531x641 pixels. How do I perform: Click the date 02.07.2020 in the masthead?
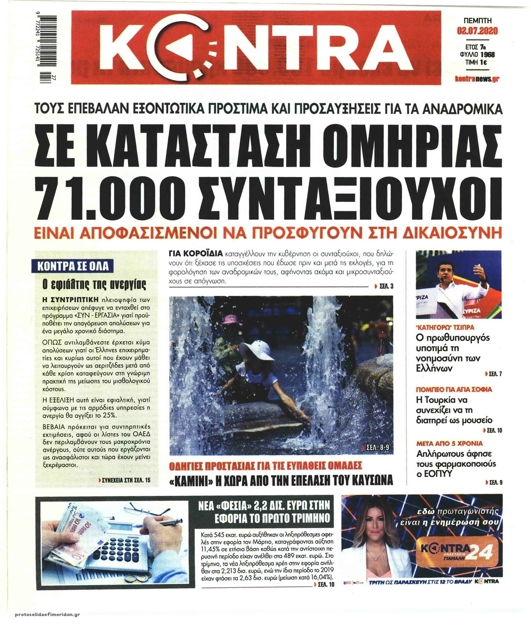click(477, 31)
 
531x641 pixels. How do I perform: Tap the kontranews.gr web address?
click(477, 79)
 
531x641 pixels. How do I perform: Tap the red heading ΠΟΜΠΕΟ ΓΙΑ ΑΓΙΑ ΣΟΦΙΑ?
click(453, 389)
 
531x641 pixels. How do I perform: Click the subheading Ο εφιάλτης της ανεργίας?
click(94, 285)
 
